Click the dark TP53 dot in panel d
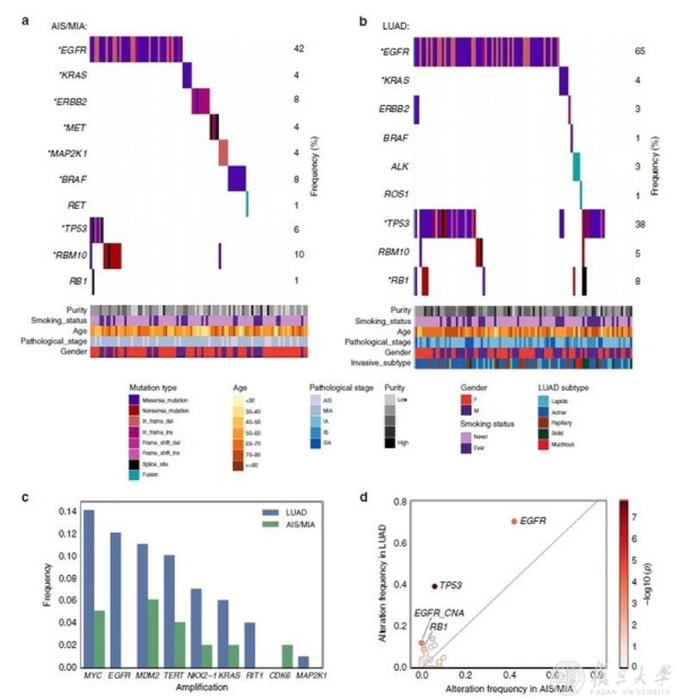(435, 586)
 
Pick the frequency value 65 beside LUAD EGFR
(640, 52)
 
